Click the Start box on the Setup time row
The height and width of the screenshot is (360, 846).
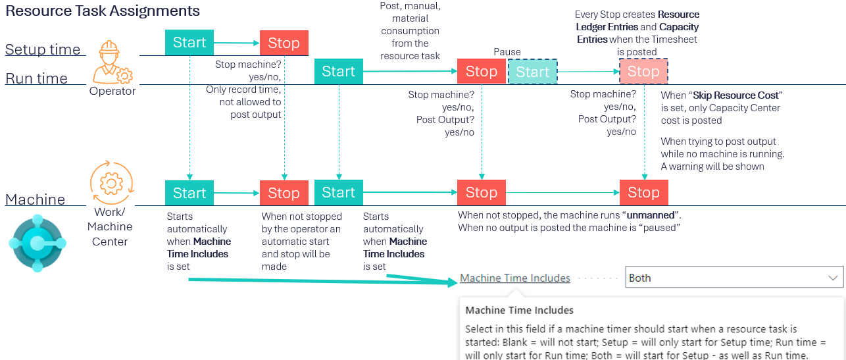(x=189, y=42)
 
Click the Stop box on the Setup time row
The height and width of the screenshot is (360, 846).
(x=284, y=43)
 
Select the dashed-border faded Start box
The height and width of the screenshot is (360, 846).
(x=532, y=71)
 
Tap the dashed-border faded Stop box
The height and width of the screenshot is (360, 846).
(x=643, y=71)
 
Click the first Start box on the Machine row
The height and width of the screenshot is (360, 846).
(x=189, y=193)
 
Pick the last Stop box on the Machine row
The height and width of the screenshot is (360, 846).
(x=643, y=192)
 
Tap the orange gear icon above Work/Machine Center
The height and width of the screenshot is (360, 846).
(x=111, y=183)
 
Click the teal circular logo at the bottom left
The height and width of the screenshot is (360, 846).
(x=37, y=243)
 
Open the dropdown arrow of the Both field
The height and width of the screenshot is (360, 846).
(x=833, y=278)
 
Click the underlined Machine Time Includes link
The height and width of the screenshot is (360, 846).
(x=515, y=278)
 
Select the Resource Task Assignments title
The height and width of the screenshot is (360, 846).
(x=103, y=11)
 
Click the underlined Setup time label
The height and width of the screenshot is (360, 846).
(x=43, y=49)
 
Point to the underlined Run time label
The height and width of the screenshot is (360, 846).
(x=36, y=78)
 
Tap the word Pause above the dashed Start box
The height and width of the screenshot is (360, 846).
(x=507, y=52)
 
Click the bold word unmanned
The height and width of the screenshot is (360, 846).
(x=651, y=215)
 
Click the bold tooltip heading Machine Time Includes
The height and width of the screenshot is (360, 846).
(x=519, y=310)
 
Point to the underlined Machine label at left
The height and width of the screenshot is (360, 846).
(x=35, y=199)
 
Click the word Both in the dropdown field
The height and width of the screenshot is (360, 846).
(x=640, y=278)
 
